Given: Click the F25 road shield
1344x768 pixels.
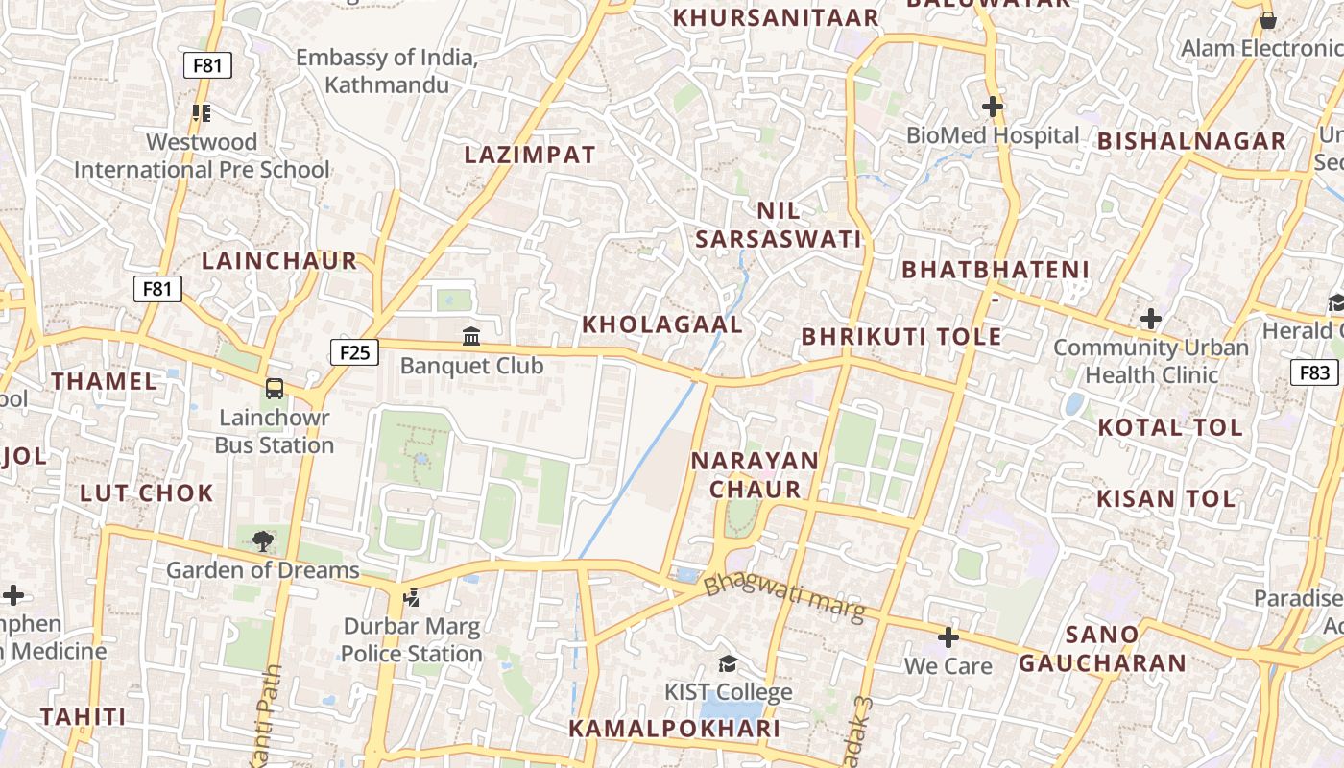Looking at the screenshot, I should pos(354,352).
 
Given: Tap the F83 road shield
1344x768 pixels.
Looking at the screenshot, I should pos(1314,372).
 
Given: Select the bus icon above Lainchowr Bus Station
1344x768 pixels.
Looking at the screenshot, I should pos(275,389).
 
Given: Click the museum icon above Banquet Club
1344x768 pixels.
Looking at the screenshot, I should pos(471,336).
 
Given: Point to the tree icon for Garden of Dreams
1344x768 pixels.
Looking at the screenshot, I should pos(262,541).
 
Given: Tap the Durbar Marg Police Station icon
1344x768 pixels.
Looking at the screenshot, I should pos(412,598).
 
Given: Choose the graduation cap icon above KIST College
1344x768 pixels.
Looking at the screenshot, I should pos(729,663).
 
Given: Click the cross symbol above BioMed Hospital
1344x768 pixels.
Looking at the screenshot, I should pos(993,107).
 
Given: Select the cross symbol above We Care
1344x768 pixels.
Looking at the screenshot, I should pos(948,637).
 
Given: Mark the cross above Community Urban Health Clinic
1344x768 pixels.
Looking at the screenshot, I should pos(1151,319).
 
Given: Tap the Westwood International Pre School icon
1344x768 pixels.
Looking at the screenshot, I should pos(202,113).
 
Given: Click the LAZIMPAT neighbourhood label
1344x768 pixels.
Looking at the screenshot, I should pos(530,155).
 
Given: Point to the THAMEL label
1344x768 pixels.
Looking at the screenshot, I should pos(105,381).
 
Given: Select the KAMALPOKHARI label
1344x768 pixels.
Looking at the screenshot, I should pos(674,729).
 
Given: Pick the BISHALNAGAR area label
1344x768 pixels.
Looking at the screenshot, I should pos(1191,141).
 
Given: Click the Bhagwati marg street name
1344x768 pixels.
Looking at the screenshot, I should pos(784,597).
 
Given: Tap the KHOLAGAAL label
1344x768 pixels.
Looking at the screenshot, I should pos(662,324).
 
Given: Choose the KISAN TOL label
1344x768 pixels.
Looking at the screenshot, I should pos(1165,498).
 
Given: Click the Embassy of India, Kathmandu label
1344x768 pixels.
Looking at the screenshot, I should pos(386,71).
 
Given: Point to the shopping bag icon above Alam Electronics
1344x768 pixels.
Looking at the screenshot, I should pos(1267,20).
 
